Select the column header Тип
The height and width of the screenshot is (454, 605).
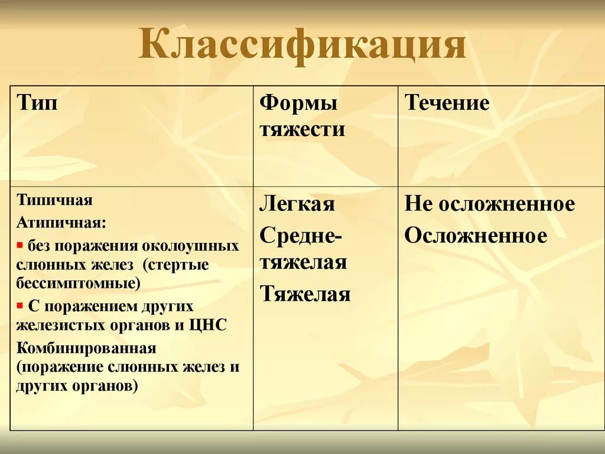[38, 103]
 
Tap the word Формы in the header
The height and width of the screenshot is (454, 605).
[298, 103]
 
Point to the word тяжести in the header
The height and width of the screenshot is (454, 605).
[302, 128]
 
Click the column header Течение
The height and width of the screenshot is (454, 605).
[447, 103]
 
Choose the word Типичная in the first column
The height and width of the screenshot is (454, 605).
[54, 200]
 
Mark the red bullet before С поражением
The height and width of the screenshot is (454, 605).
[19, 305]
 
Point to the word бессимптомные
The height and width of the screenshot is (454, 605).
[79, 284]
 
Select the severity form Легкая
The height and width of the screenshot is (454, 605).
[297, 204]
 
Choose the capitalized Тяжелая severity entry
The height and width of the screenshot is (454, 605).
[305, 294]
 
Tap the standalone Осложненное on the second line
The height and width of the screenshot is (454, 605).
[476, 235]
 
